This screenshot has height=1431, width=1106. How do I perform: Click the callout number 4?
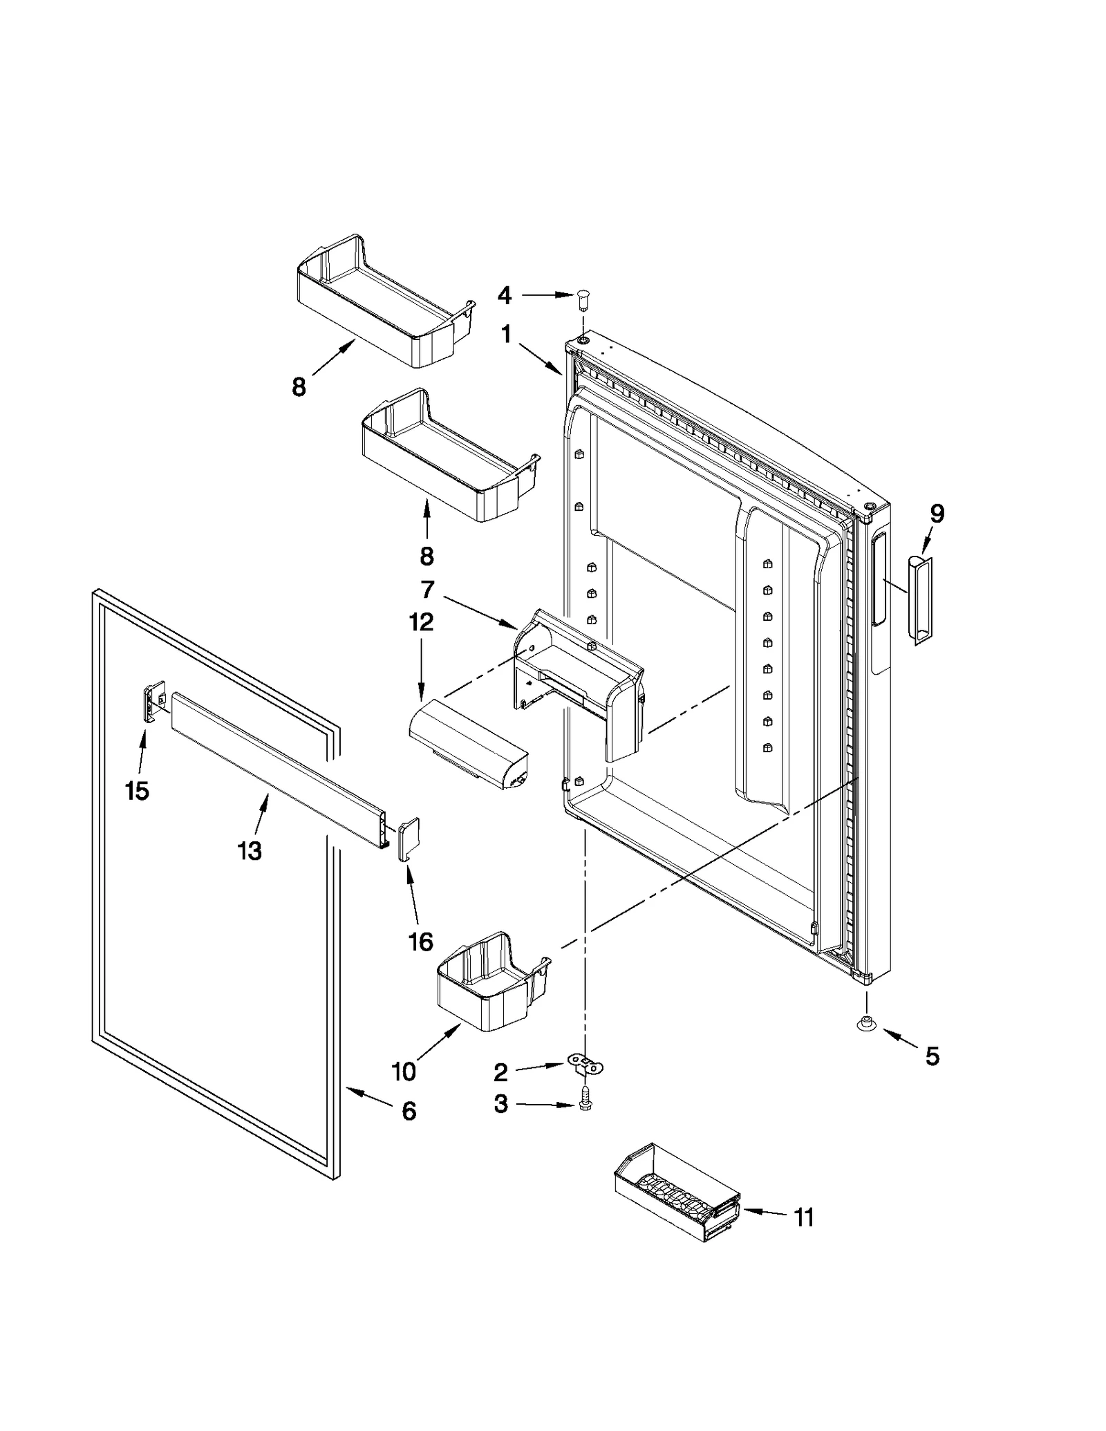pos(505,296)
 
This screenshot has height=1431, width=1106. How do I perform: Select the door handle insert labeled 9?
pos(919,599)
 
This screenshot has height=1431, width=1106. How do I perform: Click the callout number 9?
pos(937,514)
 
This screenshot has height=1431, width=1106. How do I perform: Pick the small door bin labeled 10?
pos(491,981)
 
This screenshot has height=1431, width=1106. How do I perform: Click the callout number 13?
pos(250,850)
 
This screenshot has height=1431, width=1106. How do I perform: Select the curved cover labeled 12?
pos(467,752)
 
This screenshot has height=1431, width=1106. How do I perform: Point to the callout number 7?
pos(427,590)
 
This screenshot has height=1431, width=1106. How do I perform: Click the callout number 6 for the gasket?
pos(409,1111)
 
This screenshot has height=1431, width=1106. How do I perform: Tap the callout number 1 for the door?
pos(506,335)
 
